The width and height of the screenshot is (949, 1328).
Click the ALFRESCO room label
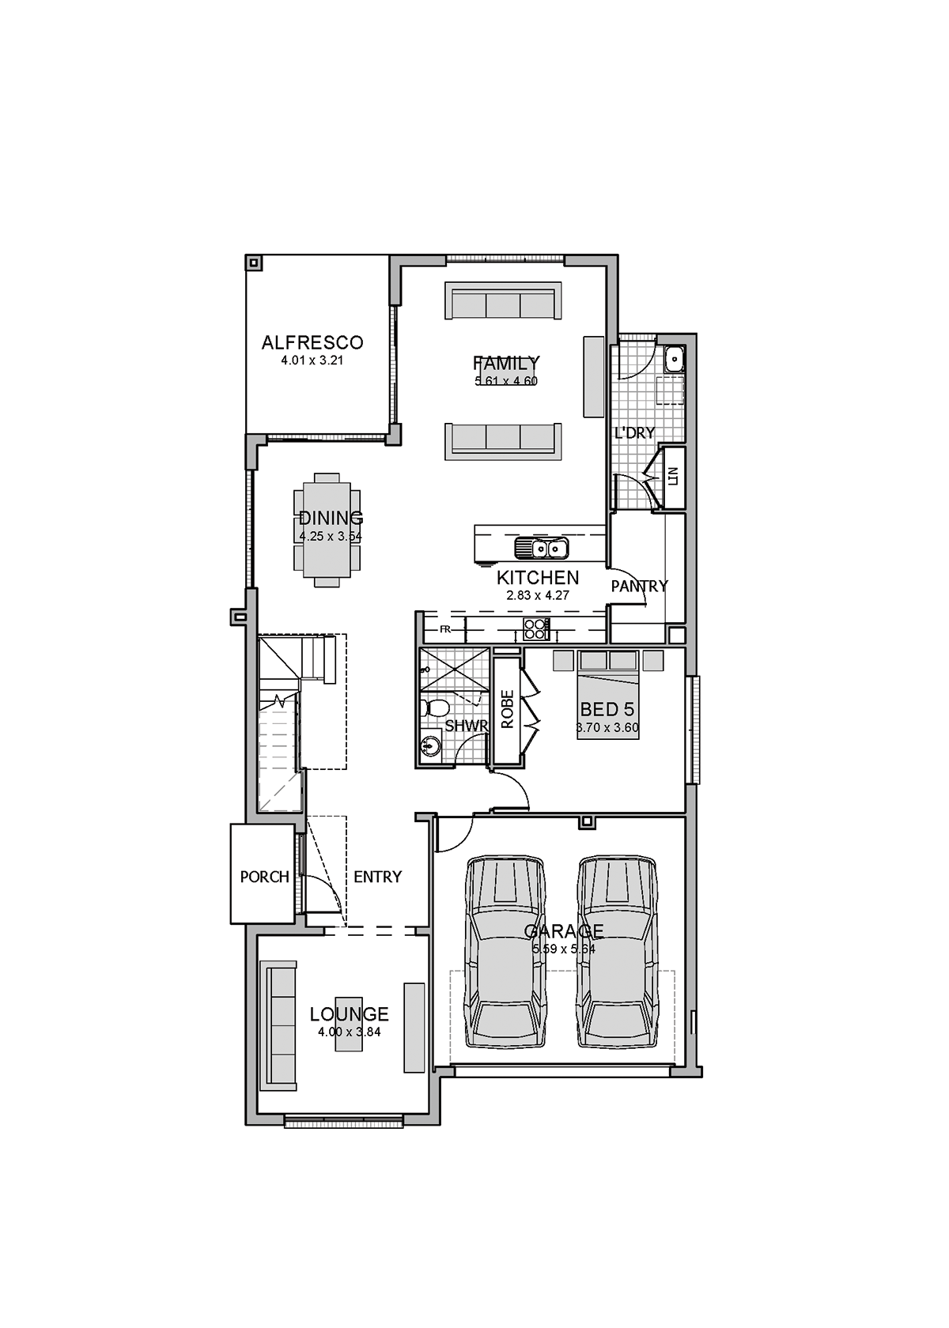pyautogui.click(x=312, y=342)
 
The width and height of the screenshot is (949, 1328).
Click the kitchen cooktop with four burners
pyautogui.click(x=535, y=629)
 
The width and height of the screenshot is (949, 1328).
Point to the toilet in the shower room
pyautogui.click(x=435, y=707)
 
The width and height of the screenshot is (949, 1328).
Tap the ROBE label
pyautogui.click(x=508, y=708)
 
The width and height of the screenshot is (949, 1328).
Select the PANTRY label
pyautogui.click(x=639, y=586)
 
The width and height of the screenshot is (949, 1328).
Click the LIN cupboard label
pyautogui.click(x=673, y=477)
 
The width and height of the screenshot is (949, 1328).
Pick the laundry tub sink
pyautogui.click(x=674, y=359)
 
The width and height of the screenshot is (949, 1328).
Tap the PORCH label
pyautogui.click(x=264, y=877)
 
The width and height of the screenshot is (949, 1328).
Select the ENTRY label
pyautogui.click(x=377, y=877)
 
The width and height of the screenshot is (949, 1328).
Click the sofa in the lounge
pyautogui.click(x=279, y=1025)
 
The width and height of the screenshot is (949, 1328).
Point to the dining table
pyautogui.click(x=327, y=530)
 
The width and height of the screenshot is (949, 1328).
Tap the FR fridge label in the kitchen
pyautogui.click(x=444, y=629)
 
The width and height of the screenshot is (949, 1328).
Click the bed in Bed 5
pyautogui.click(x=607, y=696)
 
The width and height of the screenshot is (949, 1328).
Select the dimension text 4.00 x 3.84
pyautogui.click(x=349, y=1032)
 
